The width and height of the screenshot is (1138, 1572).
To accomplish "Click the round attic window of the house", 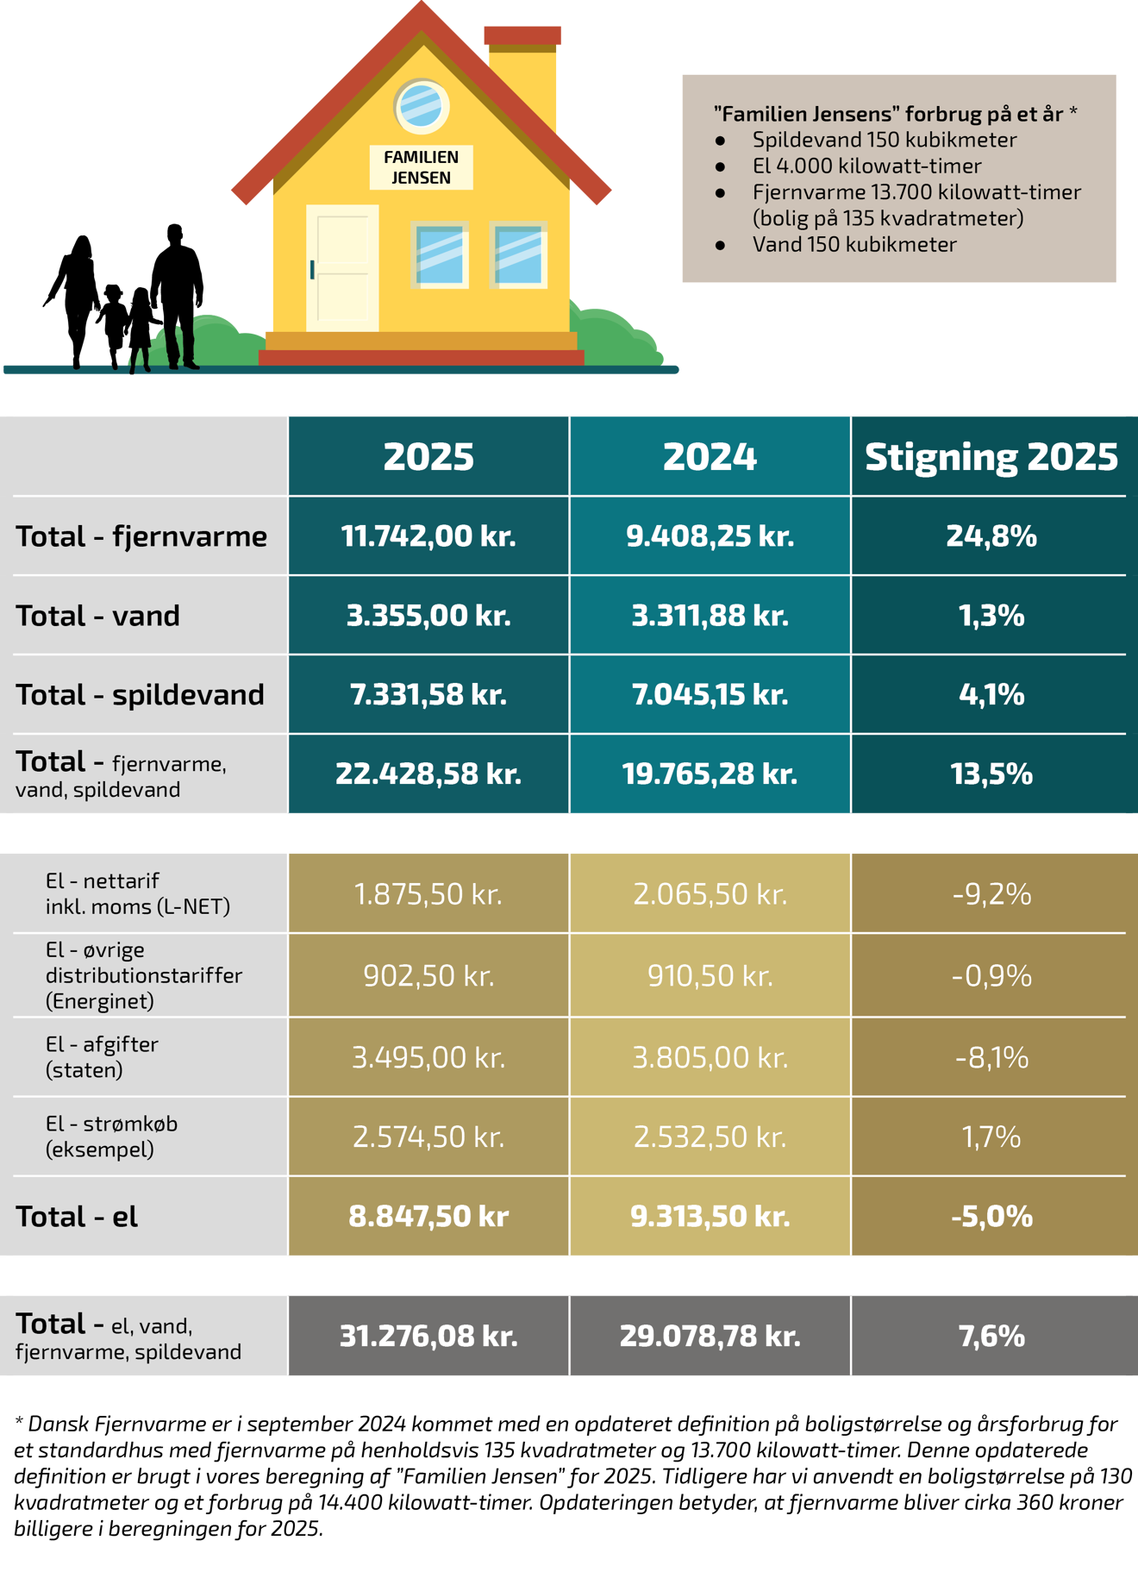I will point(422,106).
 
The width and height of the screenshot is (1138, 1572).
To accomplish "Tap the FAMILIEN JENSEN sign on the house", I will point(422,167).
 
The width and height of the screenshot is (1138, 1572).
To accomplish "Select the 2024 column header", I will point(710,456).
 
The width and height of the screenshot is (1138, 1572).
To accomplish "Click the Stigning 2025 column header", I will point(991,456).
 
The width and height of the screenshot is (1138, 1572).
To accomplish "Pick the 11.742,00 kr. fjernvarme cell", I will point(428,536).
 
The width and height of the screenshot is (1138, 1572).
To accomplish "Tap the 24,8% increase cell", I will point(991,536).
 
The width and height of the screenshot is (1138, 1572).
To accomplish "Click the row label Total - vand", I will point(98,616).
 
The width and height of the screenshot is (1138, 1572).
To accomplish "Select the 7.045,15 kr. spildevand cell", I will point(710,694).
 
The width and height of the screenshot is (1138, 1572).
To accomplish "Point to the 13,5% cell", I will point(991,773).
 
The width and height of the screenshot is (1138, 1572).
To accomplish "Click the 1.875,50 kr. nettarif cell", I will point(428,894).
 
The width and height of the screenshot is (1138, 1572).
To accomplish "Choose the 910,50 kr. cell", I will point(710,975).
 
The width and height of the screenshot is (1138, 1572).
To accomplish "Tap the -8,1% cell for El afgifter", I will point(991,1057).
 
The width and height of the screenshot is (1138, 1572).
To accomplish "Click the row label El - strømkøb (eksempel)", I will point(111,1136).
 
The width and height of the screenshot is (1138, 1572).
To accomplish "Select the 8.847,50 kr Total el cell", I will point(428,1216).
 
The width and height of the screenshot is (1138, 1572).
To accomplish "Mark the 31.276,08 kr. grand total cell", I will point(428,1336).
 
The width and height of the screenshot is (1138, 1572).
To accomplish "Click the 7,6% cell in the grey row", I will point(991,1336).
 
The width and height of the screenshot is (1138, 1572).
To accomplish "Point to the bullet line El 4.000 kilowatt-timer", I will point(866,166).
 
